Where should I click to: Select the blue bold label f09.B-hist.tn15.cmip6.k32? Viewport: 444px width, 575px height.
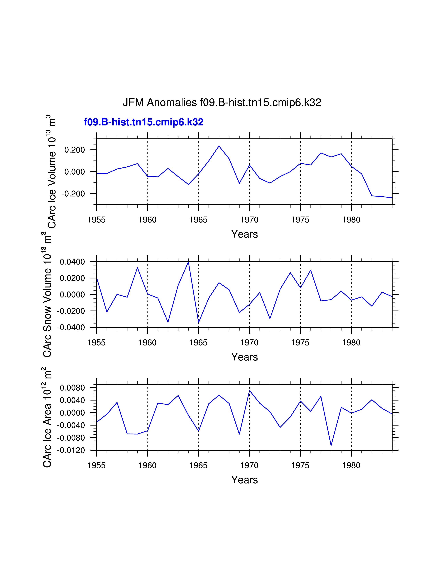coord(144,122)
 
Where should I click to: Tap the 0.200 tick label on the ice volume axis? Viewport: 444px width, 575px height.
coord(75,150)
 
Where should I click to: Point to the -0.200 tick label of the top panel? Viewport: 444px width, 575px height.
coord(73,194)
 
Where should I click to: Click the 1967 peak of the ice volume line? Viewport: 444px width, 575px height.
coord(219,146)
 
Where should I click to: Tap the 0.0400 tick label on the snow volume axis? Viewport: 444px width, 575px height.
coord(72,262)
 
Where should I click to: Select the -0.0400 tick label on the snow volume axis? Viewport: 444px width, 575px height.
coord(71,328)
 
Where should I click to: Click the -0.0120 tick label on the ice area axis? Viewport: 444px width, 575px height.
coord(71,450)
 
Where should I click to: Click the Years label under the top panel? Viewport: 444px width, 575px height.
coord(244,234)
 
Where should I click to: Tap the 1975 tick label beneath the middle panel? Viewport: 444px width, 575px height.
coord(300,343)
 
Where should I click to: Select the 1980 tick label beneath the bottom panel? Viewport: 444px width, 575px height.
coord(351,465)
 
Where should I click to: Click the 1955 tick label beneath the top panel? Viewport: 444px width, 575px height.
coord(96,220)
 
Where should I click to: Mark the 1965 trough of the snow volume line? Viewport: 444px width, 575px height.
coord(199,323)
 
